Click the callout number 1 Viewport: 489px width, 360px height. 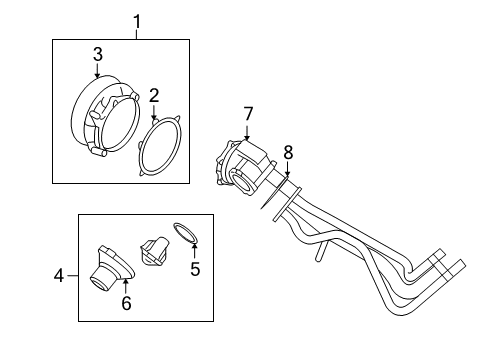pyautogui.click(x=137, y=20)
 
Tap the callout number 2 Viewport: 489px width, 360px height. pyautogui.click(x=154, y=96)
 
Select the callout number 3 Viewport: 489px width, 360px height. pyautogui.click(x=98, y=55)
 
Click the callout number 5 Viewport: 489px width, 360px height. pyautogui.click(x=196, y=268)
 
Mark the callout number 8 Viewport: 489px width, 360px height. pyautogui.click(x=288, y=153)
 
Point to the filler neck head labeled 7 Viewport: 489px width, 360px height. pyautogui.click(x=243, y=166)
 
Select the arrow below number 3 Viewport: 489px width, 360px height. pyautogui.click(x=98, y=72)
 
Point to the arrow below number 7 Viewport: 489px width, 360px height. pyautogui.click(x=247, y=130)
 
